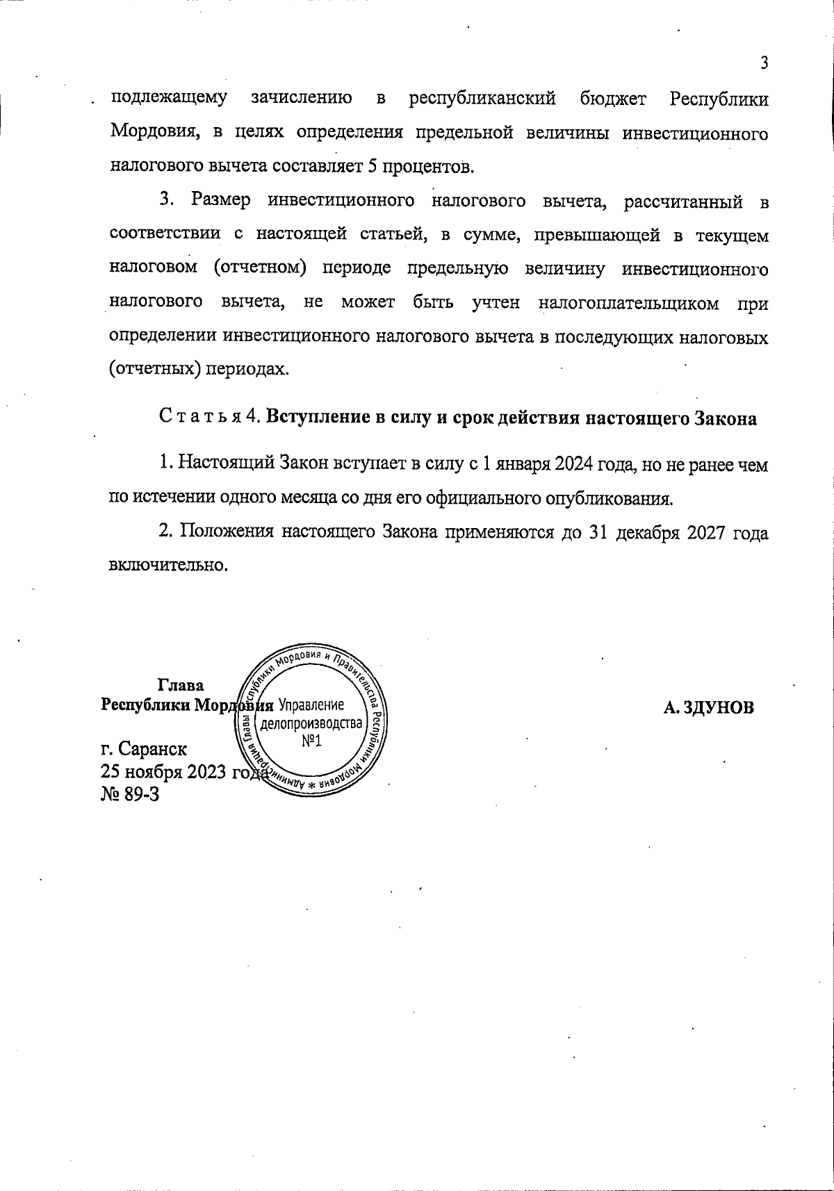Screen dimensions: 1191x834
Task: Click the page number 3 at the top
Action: pos(764,64)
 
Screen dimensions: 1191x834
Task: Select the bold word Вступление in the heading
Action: pos(310,418)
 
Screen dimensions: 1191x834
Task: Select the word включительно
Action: pos(168,564)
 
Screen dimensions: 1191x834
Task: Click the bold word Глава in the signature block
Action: pos(181,685)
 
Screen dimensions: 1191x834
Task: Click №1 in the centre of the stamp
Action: pos(311,742)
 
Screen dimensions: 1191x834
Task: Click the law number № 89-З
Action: pos(130,794)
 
